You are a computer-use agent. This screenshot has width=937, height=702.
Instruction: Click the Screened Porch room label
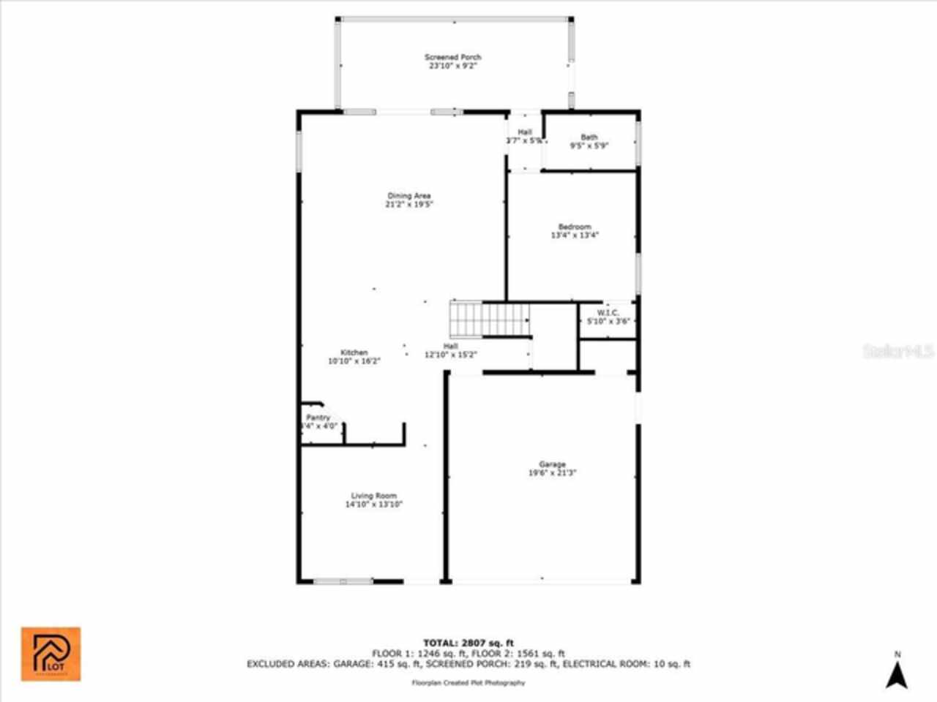(x=453, y=57)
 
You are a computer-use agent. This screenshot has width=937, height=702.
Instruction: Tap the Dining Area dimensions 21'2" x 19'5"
(x=409, y=205)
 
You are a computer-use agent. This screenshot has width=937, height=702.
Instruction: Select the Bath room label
(x=589, y=137)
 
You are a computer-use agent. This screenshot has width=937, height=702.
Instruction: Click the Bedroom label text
(x=575, y=227)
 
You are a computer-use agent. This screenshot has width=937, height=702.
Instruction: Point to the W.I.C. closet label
(x=608, y=313)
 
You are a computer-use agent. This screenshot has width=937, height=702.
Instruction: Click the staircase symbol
(x=489, y=320)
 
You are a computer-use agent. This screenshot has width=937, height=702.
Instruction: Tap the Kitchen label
(x=354, y=352)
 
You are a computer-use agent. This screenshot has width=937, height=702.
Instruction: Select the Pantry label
(x=318, y=418)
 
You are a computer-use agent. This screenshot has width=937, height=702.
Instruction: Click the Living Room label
(x=373, y=496)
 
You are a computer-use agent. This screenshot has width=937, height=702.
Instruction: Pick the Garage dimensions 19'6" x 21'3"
(x=553, y=473)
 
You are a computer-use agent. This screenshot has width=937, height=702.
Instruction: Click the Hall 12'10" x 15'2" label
(x=451, y=351)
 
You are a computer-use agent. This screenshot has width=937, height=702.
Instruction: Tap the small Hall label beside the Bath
(x=524, y=132)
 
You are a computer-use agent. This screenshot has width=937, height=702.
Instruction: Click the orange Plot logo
(x=51, y=653)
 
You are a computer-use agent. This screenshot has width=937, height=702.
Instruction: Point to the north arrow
(x=897, y=674)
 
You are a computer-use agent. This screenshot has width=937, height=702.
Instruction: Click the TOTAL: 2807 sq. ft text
(x=468, y=643)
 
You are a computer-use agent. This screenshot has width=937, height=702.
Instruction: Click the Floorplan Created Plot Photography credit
(x=468, y=683)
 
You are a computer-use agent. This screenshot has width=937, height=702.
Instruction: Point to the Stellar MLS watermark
(x=898, y=351)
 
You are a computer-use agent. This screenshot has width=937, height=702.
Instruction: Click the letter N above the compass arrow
(x=897, y=654)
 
